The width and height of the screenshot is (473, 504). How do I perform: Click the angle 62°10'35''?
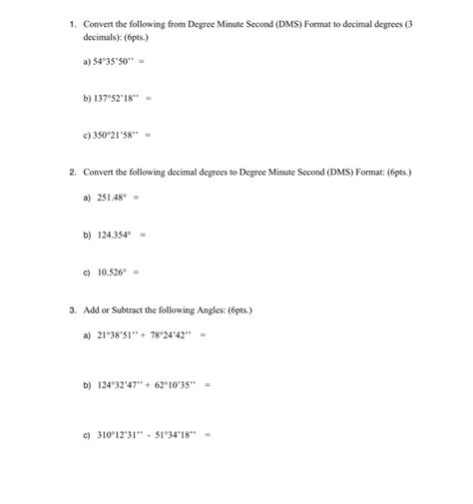pos(179,382)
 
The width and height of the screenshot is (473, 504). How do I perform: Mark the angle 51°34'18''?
pos(178,433)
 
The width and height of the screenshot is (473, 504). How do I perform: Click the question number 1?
pos(74,21)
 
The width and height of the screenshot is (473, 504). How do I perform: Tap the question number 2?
pos(74,172)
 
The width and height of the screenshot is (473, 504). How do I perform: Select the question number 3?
pos(74,309)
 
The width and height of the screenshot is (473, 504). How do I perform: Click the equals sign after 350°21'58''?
pos(148,134)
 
